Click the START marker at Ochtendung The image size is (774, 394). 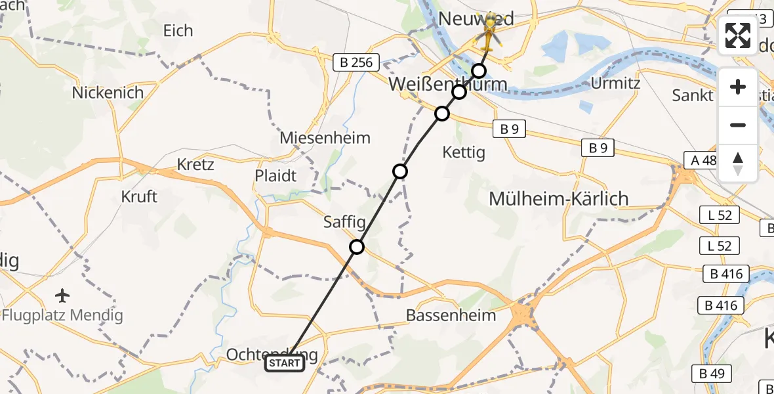click(x=285, y=363)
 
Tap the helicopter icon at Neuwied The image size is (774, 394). click(x=489, y=33)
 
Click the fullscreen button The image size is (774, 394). click(x=738, y=35)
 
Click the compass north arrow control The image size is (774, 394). click(x=738, y=164)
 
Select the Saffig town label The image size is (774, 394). click(x=344, y=222)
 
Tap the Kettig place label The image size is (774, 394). click(x=464, y=152)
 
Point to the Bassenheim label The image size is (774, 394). click(x=451, y=315)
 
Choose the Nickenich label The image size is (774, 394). click(x=108, y=93)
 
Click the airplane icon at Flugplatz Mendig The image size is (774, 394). click(x=62, y=295)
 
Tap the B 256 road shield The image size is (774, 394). click(x=356, y=63)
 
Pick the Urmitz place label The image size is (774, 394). click(x=615, y=83)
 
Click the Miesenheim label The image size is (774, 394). click(x=325, y=138)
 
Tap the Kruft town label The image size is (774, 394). click(x=139, y=196)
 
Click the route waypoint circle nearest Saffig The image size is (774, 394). click(x=357, y=247)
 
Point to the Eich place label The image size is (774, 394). click(x=178, y=30)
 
